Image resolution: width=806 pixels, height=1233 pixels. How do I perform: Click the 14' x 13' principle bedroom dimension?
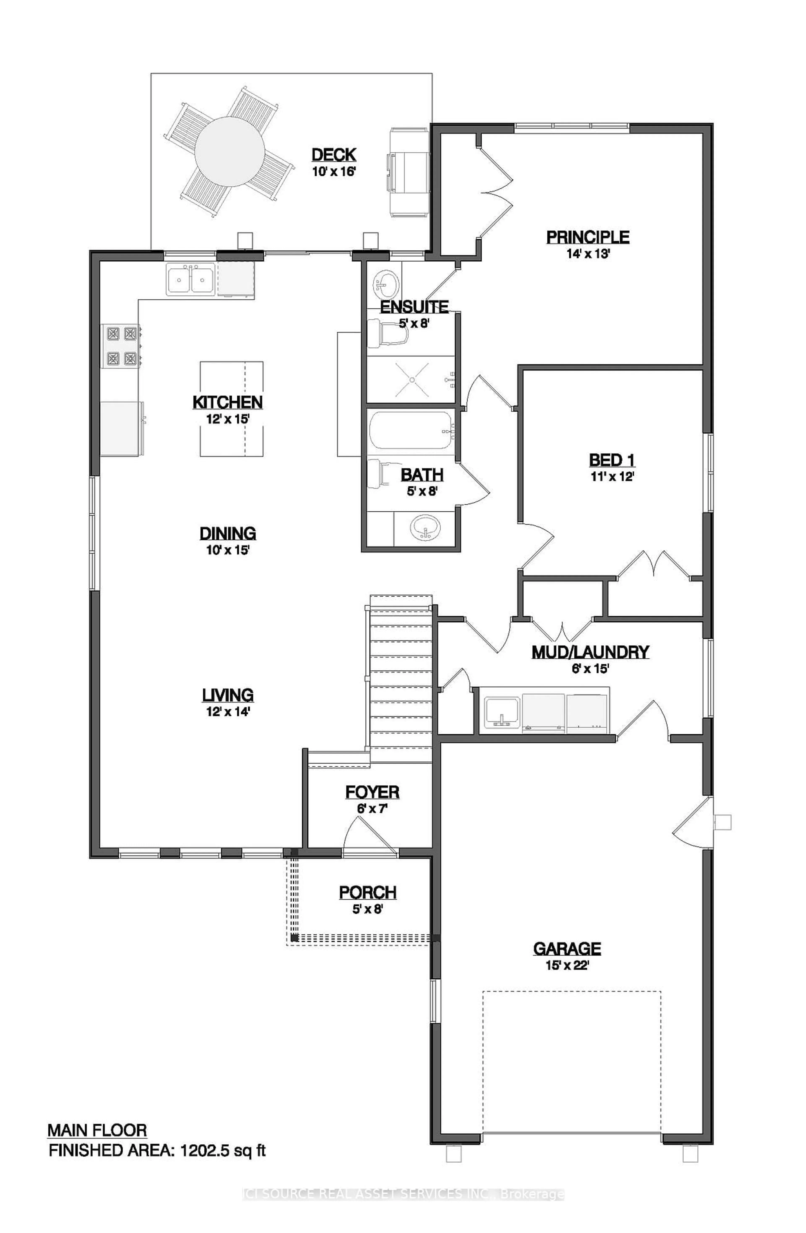tap(587, 254)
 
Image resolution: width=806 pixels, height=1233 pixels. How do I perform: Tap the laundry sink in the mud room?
tap(501, 710)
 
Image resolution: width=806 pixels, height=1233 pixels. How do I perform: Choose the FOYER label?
tap(372, 792)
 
